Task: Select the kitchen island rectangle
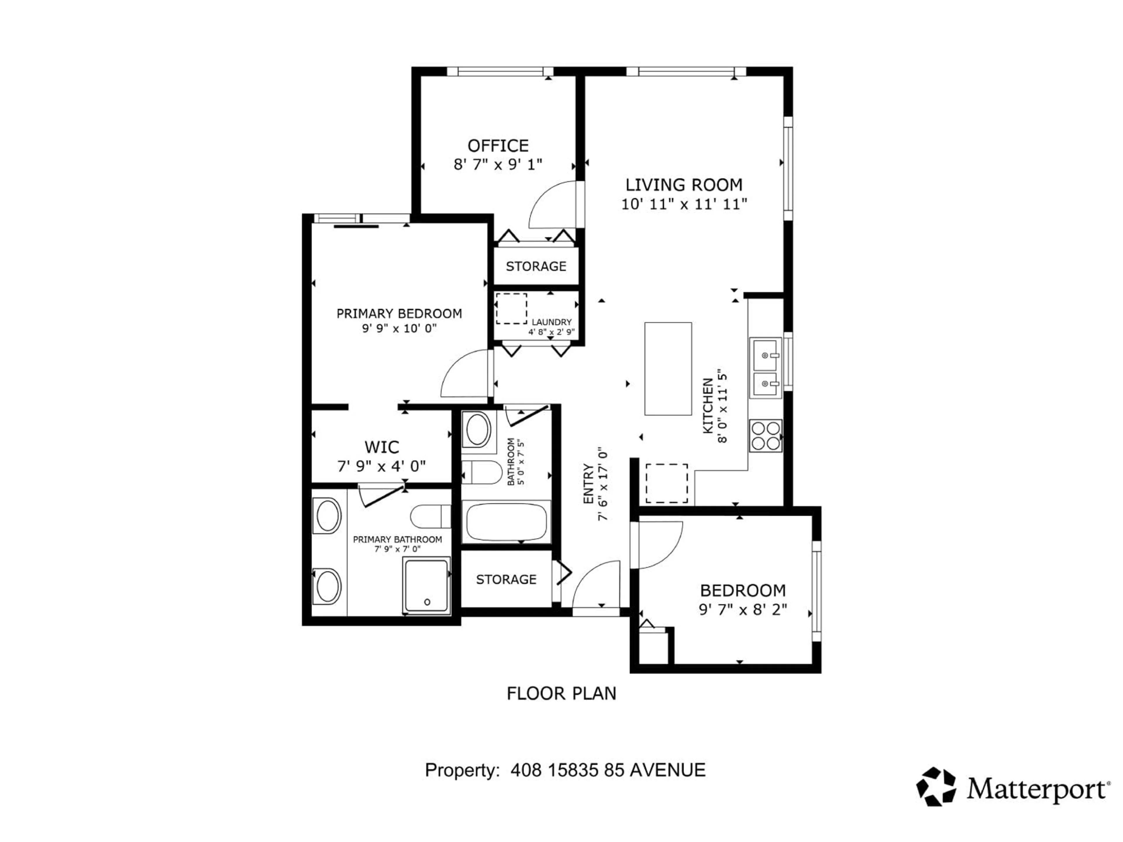[x=668, y=368]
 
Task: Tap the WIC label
[x=381, y=447]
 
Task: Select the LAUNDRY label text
[x=551, y=322]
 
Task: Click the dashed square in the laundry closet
[x=511, y=308]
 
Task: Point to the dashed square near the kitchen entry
[x=666, y=483]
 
